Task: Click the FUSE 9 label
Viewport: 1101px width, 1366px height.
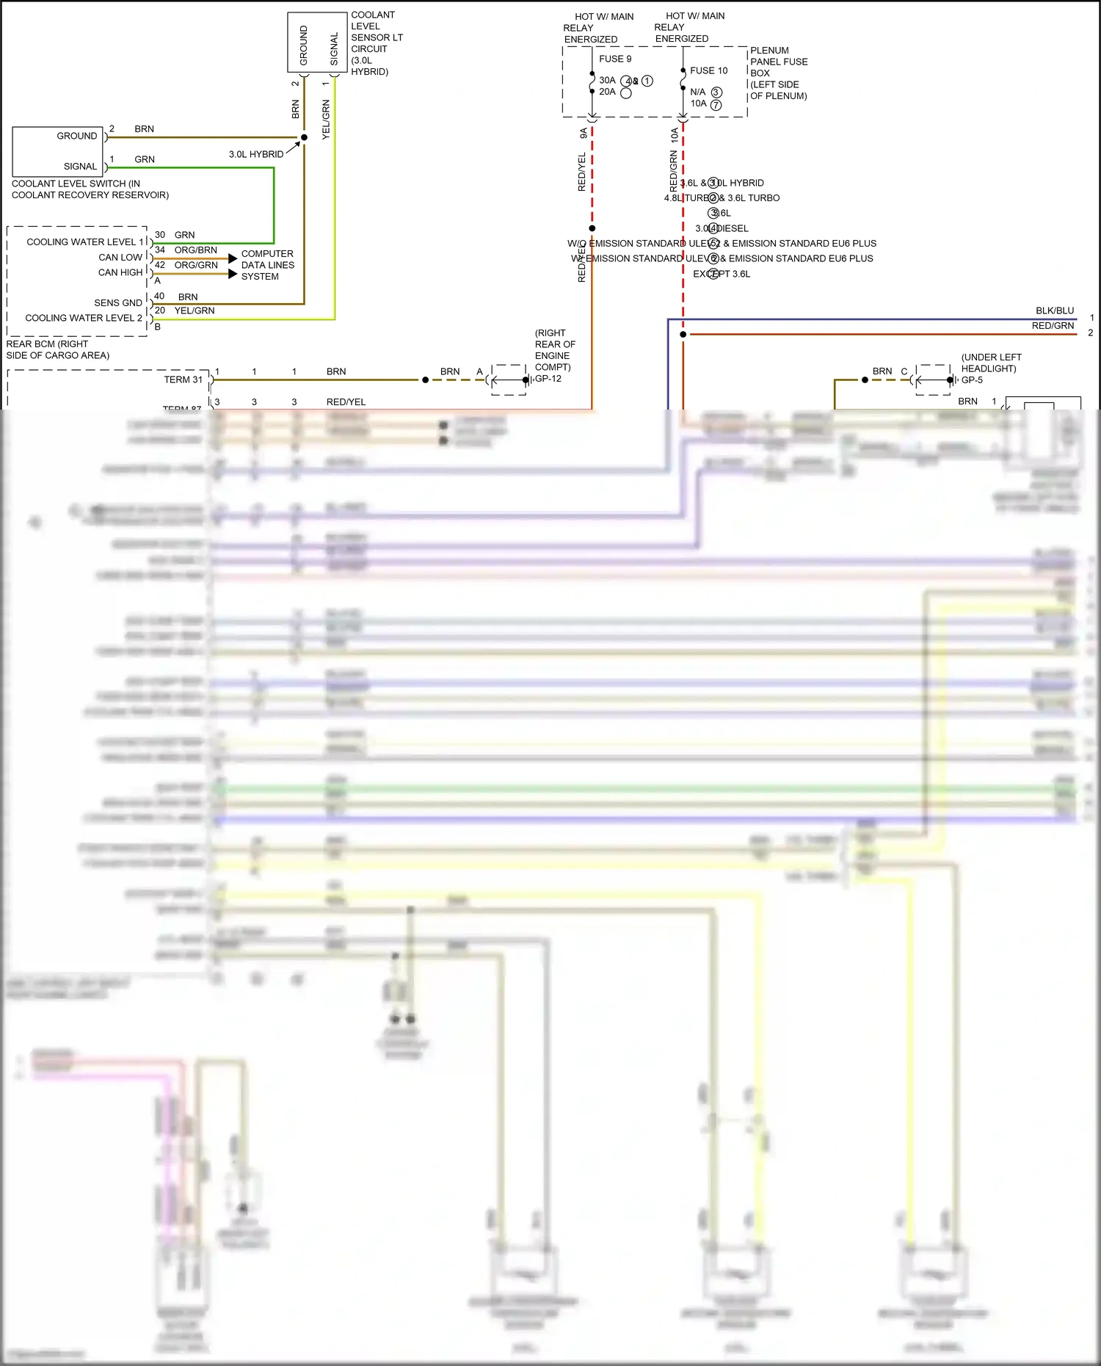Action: click(x=614, y=59)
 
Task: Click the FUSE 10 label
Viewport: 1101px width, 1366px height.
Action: click(x=708, y=70)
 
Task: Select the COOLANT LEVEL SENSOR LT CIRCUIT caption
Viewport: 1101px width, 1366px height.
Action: click(x=376, y=43)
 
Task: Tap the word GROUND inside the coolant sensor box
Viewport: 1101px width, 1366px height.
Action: click(x=303, y=46)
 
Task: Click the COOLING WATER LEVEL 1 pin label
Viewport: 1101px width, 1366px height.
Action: click(x=85, y=241)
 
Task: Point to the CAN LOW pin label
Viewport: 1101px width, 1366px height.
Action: click(x=120, y=257)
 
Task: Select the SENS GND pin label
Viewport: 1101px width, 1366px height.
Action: click(x=117, y=302)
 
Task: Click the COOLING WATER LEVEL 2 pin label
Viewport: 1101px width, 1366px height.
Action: click(x=84, y=318)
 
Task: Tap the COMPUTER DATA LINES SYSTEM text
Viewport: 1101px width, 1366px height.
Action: click(x=267, y=265)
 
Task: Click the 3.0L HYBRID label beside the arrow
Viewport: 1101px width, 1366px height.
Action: click(x=255, y=154)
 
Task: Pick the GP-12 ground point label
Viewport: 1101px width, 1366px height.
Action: click(x=548, y=379)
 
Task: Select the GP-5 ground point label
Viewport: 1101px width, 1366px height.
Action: click(x=972, y=380)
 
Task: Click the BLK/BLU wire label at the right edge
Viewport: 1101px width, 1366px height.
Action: click(x=1054, y=310)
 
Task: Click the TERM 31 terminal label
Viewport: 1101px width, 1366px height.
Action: click(x=183, y=379)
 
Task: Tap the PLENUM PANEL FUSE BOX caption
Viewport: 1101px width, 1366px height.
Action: click(x=778, y=73)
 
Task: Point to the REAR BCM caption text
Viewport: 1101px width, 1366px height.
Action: click(x=57, y=349)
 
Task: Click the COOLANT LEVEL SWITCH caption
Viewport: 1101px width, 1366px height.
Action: click(x=90, y=189)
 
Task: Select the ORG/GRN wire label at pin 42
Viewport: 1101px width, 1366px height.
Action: click(x=196, y=265)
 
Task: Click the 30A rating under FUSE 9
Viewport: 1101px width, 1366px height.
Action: click(x=607, y=80)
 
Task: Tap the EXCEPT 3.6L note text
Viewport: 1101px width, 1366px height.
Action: click(x=722, y=274)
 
